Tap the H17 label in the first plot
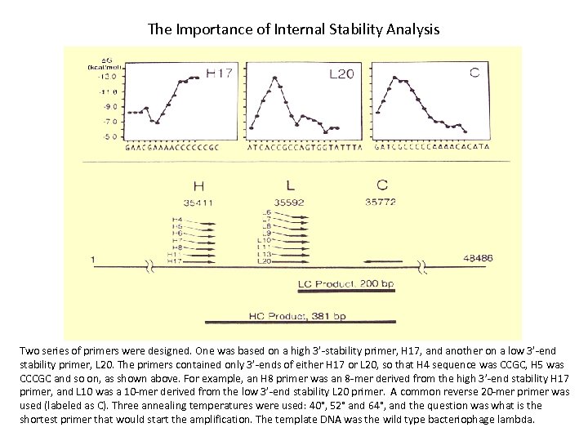pos(218,73)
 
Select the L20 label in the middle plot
pos(341,73)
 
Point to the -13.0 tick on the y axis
pos(107,75)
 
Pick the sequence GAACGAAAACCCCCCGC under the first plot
pos(171,148)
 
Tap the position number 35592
pos(290,201)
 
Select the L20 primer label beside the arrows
pos(265,261)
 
